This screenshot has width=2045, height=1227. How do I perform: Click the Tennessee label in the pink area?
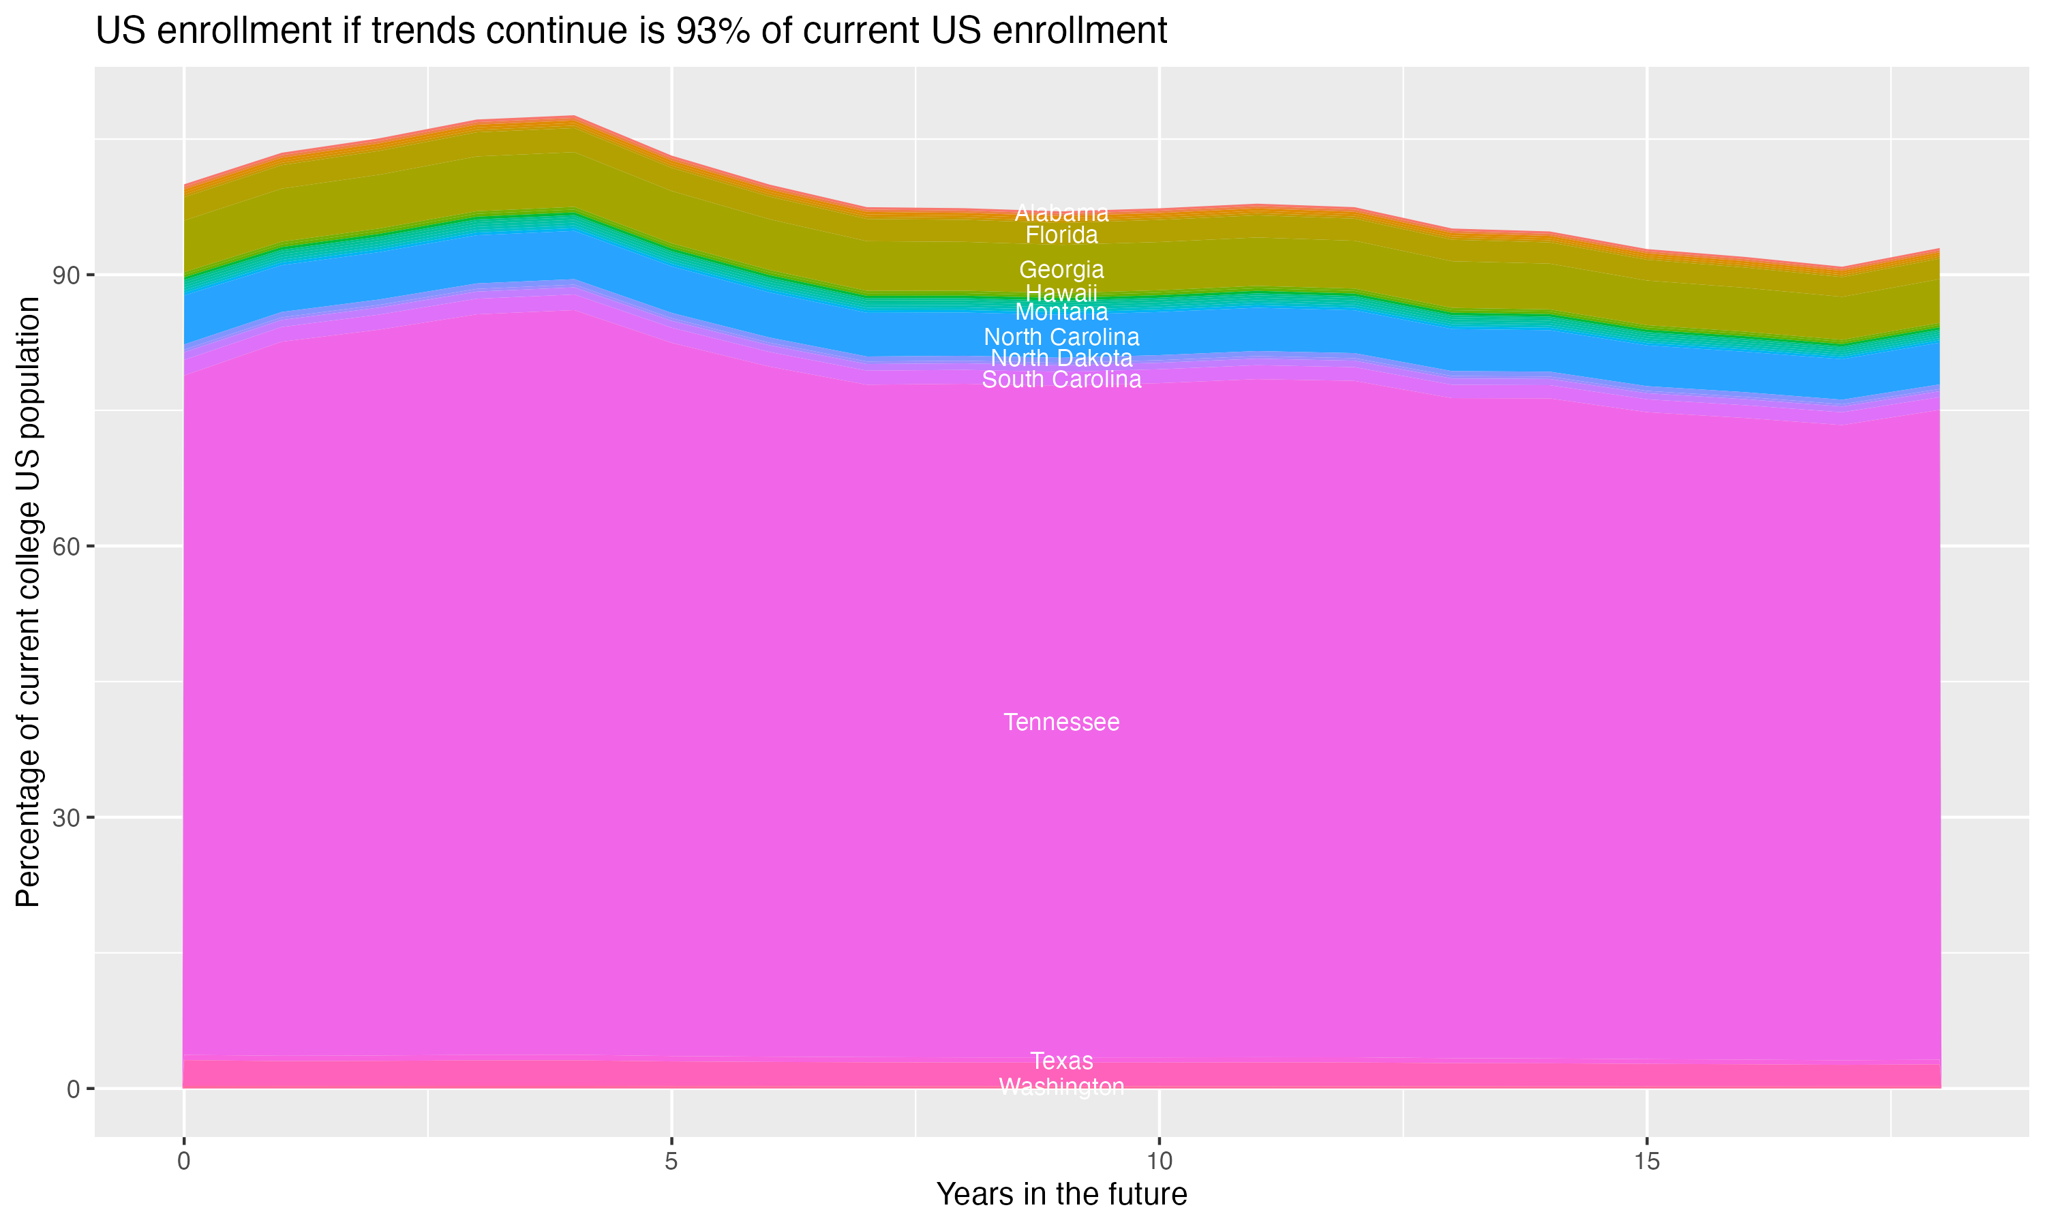tap(1061, 722)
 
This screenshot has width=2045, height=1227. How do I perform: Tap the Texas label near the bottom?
tap(1061, 1060)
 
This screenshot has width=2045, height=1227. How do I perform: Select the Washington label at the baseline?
tap(1061, 1086)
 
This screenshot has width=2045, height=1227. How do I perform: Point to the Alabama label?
tap(1061, 213)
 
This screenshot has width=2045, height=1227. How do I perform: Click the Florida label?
tap(1061, 234)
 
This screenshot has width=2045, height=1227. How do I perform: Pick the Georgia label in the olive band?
tap(1061, 269)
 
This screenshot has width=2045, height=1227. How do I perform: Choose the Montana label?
tap(1061, 312)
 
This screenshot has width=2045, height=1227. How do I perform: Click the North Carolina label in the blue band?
tap(1061, 337)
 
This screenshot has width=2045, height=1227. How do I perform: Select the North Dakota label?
tap(1061, 358)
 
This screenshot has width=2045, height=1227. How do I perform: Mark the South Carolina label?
tap(1061, 380)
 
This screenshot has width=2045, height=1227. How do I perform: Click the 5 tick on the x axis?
tap(671, 1161)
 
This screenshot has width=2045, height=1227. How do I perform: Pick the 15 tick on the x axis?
tap(1647, 1161)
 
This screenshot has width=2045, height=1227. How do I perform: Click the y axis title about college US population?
tap(28, 601)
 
